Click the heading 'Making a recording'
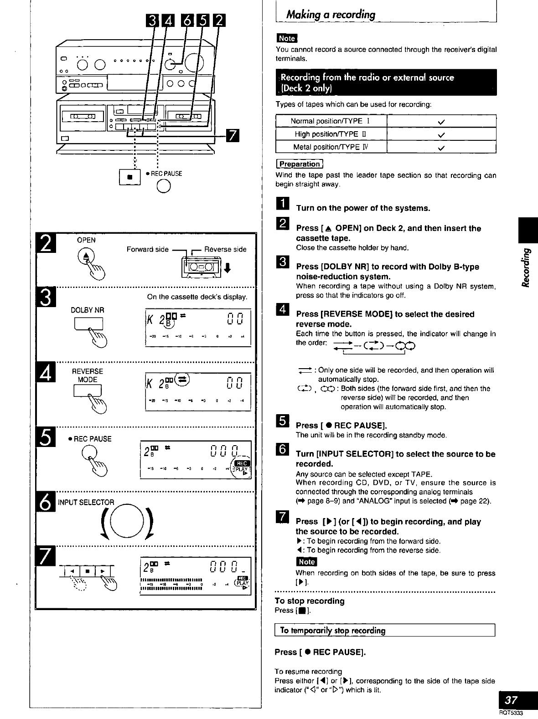click(331, 15)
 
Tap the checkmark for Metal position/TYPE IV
click(440, 147)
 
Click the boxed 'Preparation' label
click(300, 164)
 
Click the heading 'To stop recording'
click(310, 601)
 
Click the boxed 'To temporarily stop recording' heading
click(332, 631)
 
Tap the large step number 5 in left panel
click(46, 438)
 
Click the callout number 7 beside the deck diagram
click(232, 135)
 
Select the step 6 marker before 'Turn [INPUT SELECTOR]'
click(282, 450)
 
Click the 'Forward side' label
click(148, 249)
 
